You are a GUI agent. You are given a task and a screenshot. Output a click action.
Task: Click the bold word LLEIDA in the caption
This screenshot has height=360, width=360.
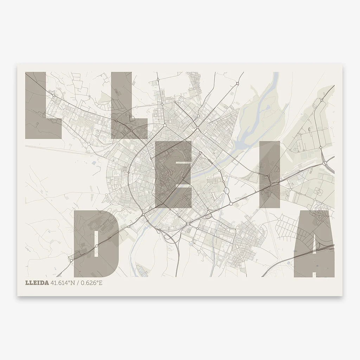pyautogui.click(x=37, y=283)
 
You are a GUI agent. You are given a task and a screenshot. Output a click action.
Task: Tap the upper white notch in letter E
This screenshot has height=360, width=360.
pyautogui.click(x=183, y=162)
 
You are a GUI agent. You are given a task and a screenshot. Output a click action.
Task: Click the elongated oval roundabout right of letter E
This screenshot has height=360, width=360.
pyautogui.click(x=227, y=191)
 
